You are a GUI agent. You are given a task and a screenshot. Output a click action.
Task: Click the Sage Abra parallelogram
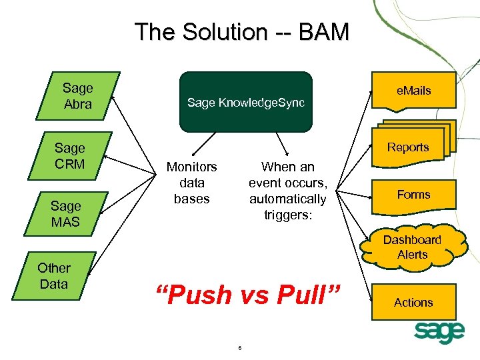click(78, 96)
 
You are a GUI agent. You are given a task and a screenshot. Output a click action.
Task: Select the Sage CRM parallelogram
click(70, 156)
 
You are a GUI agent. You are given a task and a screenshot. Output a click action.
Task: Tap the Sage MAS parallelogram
click(66, 214)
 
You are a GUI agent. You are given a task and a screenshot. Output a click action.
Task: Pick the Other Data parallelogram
click(54, 276)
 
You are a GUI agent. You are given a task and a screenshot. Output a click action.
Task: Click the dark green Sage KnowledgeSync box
click(246, 102)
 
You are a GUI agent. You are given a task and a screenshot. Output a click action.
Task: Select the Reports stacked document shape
click(414, 144)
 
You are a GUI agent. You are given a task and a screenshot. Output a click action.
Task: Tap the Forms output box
click(414, 197)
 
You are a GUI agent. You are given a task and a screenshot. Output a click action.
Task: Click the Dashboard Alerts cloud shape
click(413, 247)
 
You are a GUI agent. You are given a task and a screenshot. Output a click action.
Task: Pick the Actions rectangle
click(414, 302)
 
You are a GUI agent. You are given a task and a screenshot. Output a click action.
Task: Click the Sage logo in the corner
click(439, 333)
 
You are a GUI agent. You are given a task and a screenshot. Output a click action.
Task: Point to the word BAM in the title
click(323, 31)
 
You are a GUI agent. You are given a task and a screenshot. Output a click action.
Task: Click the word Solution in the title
click(225, 31)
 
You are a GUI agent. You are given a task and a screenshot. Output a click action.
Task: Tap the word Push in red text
click(199, 294)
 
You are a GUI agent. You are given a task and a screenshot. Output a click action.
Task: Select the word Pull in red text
click(301, 294)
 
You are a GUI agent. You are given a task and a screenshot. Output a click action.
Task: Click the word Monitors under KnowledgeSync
click(191, 167)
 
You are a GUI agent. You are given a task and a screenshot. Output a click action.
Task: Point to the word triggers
click(288, 215)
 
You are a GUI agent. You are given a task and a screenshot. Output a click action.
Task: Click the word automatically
click(288, 199)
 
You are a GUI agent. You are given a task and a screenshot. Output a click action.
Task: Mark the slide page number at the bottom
click(240, 348)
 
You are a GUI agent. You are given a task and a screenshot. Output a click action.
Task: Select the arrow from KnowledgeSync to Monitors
click(204, 144)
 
